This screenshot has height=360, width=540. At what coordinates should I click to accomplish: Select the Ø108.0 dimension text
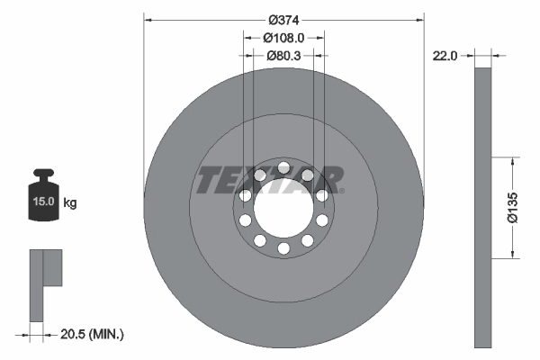click(x=283, y=38)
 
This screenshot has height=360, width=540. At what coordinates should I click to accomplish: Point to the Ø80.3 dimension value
click(x=283, y=55)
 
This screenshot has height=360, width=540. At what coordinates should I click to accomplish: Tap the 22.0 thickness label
click(x=445, y=55)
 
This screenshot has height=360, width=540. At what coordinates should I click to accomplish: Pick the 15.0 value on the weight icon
click(x=42, y=202)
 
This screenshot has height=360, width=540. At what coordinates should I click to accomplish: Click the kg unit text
click(x=70, y=202)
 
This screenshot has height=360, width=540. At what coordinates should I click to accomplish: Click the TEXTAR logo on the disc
click(x=269, y=179)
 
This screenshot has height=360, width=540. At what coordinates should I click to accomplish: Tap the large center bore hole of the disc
click(x=283, y=207)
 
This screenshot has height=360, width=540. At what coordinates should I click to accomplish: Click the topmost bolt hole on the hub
click(x=283, y=167)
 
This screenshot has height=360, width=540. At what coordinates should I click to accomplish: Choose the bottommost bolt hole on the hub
click(x=283, y=247)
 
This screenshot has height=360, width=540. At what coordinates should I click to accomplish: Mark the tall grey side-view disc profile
click(x=483, y=207)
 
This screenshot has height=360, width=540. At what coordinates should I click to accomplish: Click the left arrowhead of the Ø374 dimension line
click(x=148, y=19)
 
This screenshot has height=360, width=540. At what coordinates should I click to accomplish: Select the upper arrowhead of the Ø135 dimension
click(x=513, y=162)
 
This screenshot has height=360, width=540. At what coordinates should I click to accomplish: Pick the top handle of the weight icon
click(x=42, y=174)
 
